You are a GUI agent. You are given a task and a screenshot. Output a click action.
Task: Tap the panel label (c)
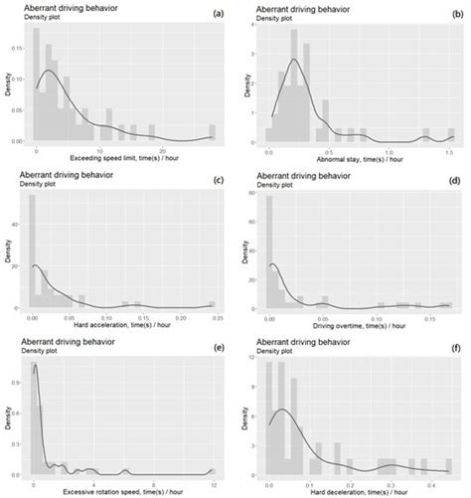point(218,180)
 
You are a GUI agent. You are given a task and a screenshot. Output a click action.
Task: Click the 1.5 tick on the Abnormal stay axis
point(450,149)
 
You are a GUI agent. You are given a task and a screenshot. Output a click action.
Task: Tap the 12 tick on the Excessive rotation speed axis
point(214,483)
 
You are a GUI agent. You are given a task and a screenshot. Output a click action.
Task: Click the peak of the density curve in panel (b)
point(293,59)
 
